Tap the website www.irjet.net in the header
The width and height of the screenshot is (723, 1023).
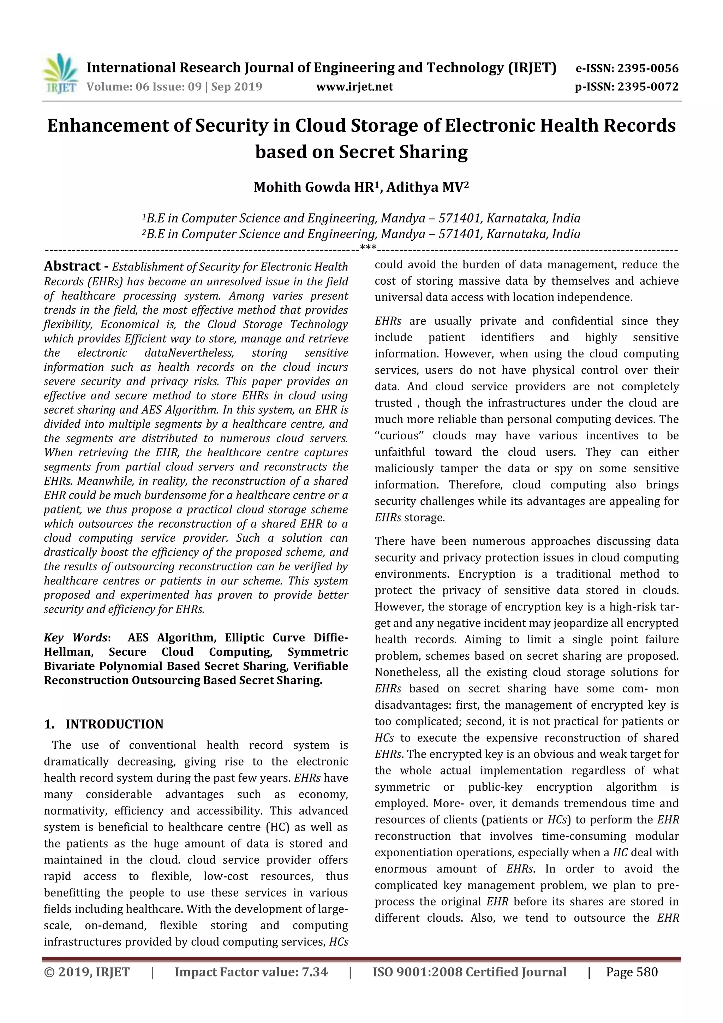[354, 87]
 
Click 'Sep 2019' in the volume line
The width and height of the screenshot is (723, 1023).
[237, 87]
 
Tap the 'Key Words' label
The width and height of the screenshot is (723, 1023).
[76, 638]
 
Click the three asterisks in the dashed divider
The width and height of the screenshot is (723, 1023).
[368, 248]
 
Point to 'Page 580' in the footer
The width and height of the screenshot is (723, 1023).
[632, 972]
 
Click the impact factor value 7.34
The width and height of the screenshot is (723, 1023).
[314, 972]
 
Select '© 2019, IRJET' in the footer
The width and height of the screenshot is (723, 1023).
[87, 972]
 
